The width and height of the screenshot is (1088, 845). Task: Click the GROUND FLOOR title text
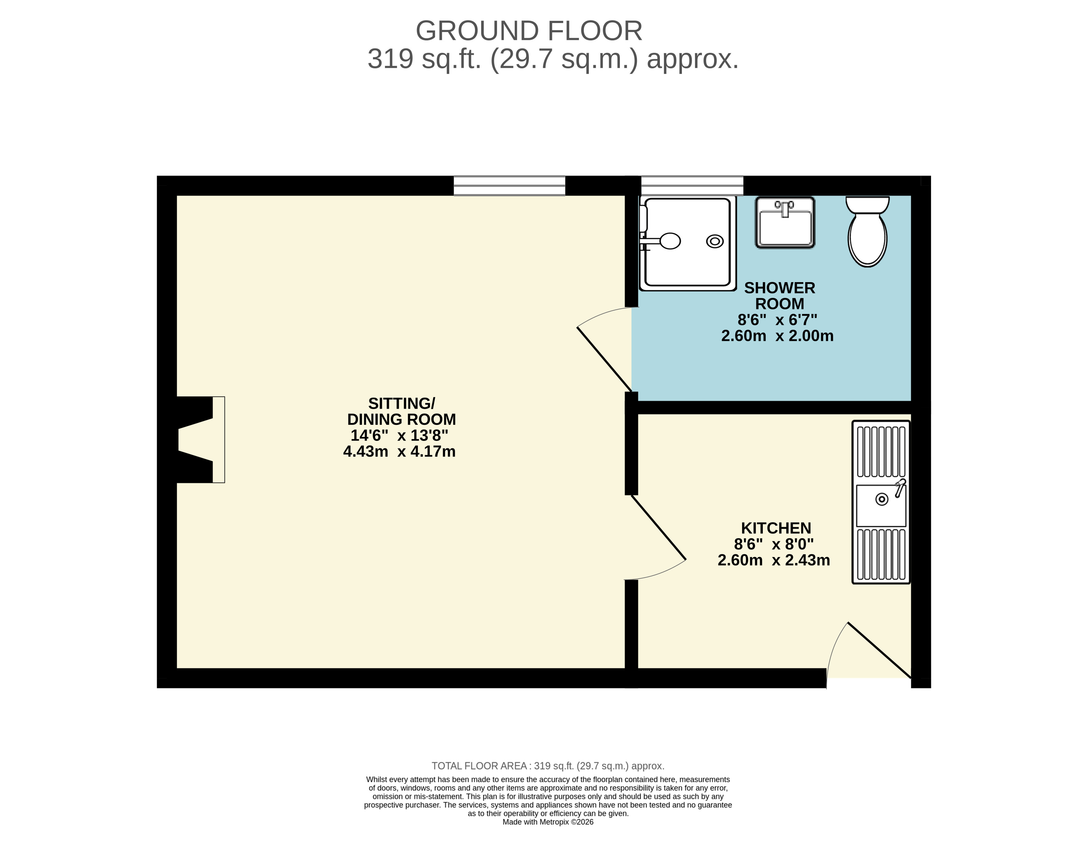(x=529, y=31)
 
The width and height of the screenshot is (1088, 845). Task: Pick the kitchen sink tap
(x=900, y=487)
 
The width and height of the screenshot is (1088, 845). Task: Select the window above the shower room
(x=692, y=185)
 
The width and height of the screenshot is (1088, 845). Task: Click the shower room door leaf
(x=604, y=359)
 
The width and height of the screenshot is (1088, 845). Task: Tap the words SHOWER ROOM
(x=780, y=295)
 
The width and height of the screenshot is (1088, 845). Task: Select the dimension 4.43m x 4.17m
(x=400, y=452)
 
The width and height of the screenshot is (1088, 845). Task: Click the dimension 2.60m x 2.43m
(x=774, y=560)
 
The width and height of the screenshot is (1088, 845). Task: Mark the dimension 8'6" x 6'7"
(x=777, y=319)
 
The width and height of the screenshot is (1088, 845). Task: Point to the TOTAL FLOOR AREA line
(x=548, y=766)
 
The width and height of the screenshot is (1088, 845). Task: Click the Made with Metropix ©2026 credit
(x=548, y=822)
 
